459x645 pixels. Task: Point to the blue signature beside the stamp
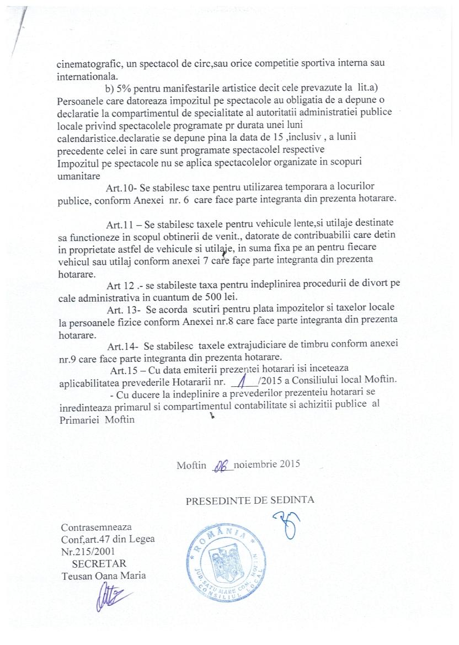(286, 524)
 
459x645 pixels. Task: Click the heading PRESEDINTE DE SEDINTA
(250, 501)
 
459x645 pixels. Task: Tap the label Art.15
(125, 369)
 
